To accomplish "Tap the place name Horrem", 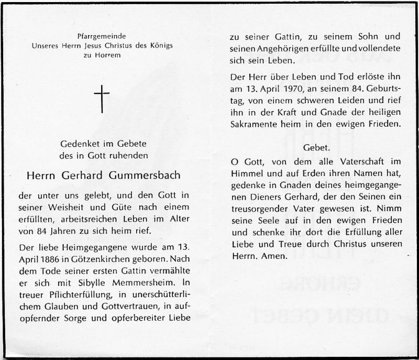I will click(107, 54).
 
